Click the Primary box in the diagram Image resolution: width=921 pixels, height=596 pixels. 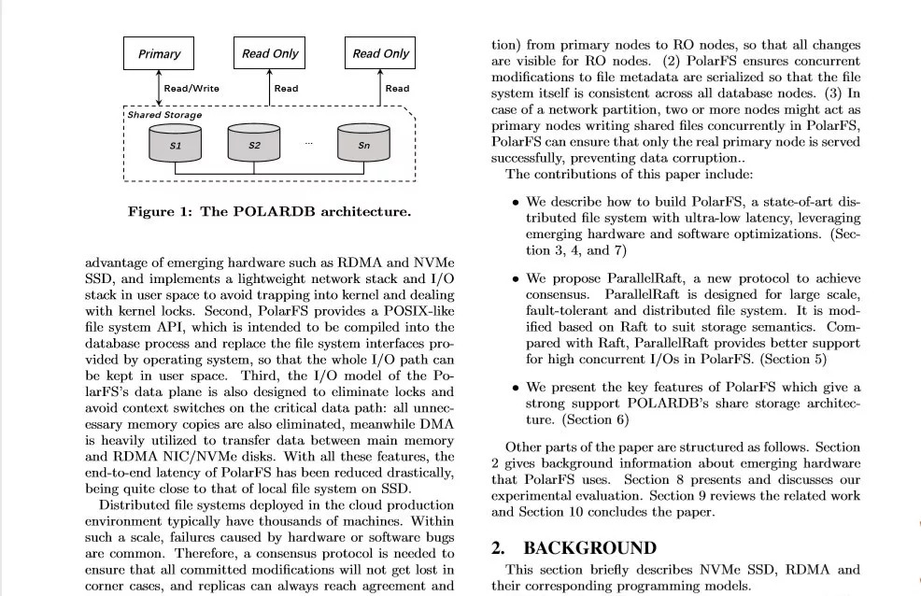click(159, 54)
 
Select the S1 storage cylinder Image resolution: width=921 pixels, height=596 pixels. click(176, 146)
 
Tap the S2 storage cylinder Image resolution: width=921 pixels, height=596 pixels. click(254, 146)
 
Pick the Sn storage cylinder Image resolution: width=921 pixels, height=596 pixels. click(364, 146)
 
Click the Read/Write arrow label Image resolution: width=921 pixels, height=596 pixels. click(191, 89)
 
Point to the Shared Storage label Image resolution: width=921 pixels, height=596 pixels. click(164, 115)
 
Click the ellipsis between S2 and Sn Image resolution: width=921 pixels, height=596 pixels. click(308, 143)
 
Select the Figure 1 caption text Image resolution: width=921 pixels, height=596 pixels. click(269, 211)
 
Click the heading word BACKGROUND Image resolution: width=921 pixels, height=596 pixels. click(589, 548)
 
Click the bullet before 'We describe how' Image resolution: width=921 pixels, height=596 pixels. click(516, 202)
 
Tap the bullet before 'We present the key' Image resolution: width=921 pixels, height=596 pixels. click(516, 388)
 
